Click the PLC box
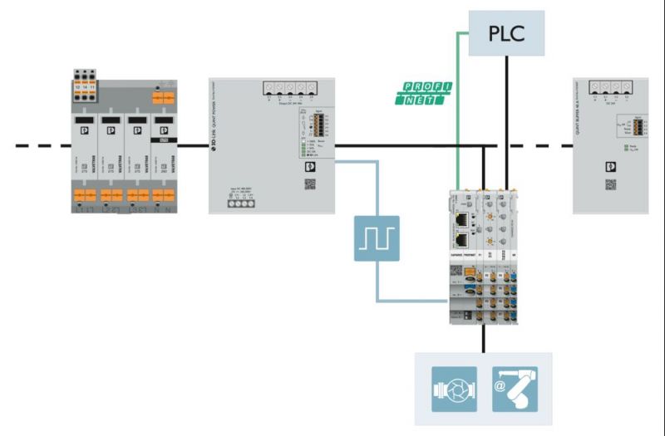[506, 34]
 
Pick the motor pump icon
[454, 389]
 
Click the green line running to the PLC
[456, 100]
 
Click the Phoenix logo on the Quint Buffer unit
[611, 165]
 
